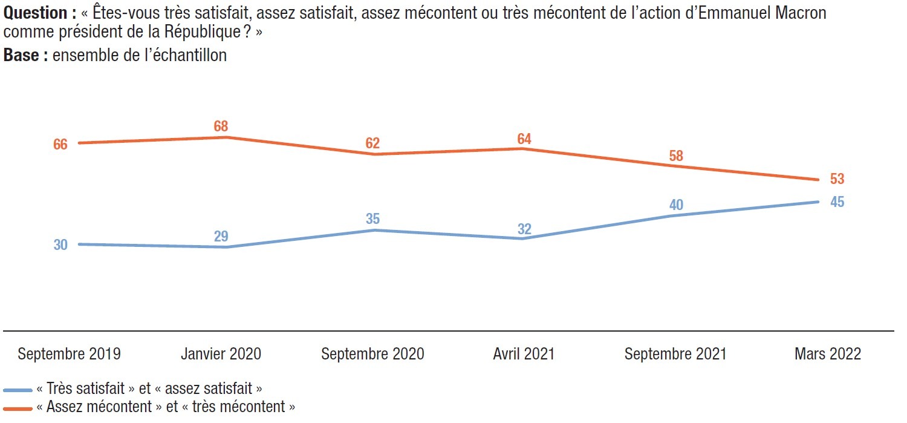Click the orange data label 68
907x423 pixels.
point(221,126)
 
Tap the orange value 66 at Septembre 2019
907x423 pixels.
point(60,144)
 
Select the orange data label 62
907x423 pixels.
point(372,143)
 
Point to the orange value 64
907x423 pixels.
point(524,139)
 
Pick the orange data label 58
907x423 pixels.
point(676,156)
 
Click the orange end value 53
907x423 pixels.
point(837,179)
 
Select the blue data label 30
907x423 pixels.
point(60,244)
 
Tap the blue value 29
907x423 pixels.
point(221,236)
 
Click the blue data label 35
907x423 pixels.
point(372,219)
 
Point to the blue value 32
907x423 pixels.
point(524,229)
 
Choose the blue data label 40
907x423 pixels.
point(676,205)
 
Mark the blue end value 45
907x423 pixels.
point(837,202)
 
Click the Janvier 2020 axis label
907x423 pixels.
point(221,354)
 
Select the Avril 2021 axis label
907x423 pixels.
point(524,354)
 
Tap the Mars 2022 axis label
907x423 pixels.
point(828,354)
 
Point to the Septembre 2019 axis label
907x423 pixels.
point(70,354)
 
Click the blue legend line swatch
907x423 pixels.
point(18,390)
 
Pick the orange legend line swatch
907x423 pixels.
point(18,409)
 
